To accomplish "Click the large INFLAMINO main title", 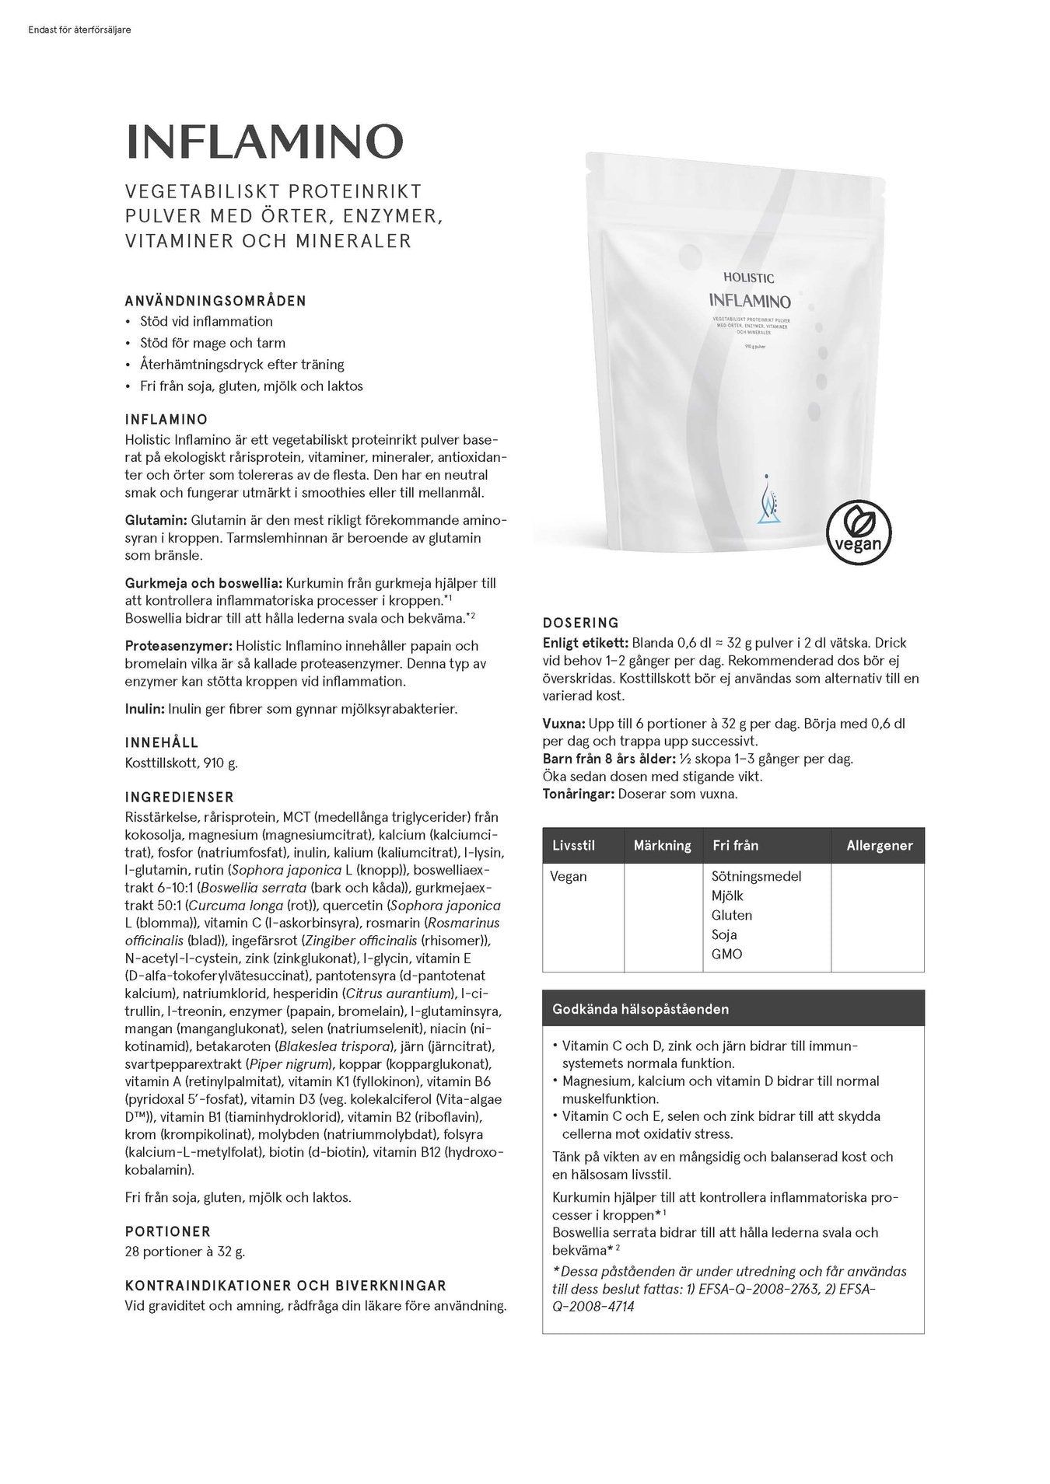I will (x=264, y=142).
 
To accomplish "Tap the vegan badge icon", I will (x=858, y=532).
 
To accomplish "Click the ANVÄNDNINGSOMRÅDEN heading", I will (x=215, y=301).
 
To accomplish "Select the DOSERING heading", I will (x=580, y=623).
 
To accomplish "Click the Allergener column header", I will (x=879, y=846).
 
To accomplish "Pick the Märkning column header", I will (x=662, y=846).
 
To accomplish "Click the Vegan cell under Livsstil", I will (x=569, y=876).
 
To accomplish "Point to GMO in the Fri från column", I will (x=726, y=954).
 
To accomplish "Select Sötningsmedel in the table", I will (x=756, y=876).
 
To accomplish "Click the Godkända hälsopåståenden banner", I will (x=640, y=1009).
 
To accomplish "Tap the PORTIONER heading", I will (x=168, y=1231).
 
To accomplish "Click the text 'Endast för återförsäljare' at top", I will (x=79, y=30).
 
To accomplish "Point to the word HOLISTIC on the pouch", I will (x=748, y=278).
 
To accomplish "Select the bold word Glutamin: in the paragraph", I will (x=156, y=520).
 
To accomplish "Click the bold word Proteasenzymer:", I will (x=178, y=646).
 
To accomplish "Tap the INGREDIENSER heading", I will (x=180, y=798).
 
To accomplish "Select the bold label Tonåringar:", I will (x=578, y=794).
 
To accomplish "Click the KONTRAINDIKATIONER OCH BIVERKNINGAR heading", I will (x=285, y=1286).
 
